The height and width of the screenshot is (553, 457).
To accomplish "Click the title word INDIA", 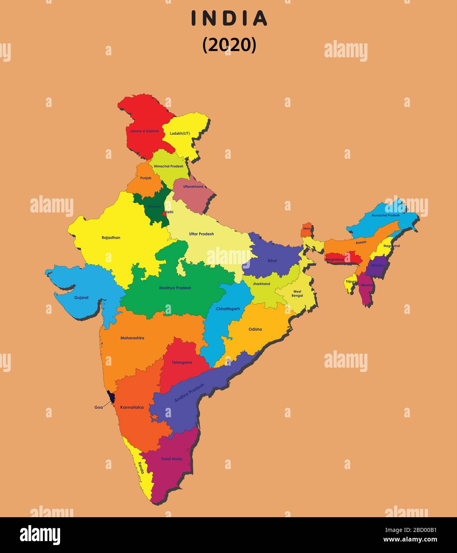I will (x=229, y=18).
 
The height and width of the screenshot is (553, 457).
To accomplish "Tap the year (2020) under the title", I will (x=229, y=45).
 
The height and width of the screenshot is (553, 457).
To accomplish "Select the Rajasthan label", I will (x=111, y=238).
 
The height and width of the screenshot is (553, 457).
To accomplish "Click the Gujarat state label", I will (x=81, y=297).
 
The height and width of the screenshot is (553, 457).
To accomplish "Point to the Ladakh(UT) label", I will (x=180, y=133).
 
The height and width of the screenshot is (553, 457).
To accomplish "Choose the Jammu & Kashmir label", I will (x=144, y=131).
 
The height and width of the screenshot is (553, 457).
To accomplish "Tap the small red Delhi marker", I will (x=164, y=214).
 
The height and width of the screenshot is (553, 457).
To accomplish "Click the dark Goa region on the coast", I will (x=111, y=397).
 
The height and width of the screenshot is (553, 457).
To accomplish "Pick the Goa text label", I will (x=98, y=407).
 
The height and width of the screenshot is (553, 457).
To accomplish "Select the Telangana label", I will (x=182, y=362).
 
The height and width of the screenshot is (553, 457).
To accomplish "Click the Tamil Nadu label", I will (x=172, y=459).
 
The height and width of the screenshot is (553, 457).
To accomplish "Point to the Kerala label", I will (x=141, y=467).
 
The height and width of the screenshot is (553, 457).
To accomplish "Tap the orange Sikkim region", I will (x=307, y=230).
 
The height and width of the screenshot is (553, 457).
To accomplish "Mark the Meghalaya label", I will (x=335, y=259).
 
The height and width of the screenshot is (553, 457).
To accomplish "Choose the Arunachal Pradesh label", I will (x=385, y=215).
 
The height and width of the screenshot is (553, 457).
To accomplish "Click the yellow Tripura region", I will (x=350, y=283).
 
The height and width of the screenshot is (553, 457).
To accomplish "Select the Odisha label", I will (x=255, y=329).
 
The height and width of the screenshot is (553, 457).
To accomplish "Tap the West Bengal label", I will (x=297, y=294).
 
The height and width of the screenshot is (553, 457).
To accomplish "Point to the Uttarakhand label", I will (x=193, y=187).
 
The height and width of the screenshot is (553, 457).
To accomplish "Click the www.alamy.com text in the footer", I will (x=410, y=540).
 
